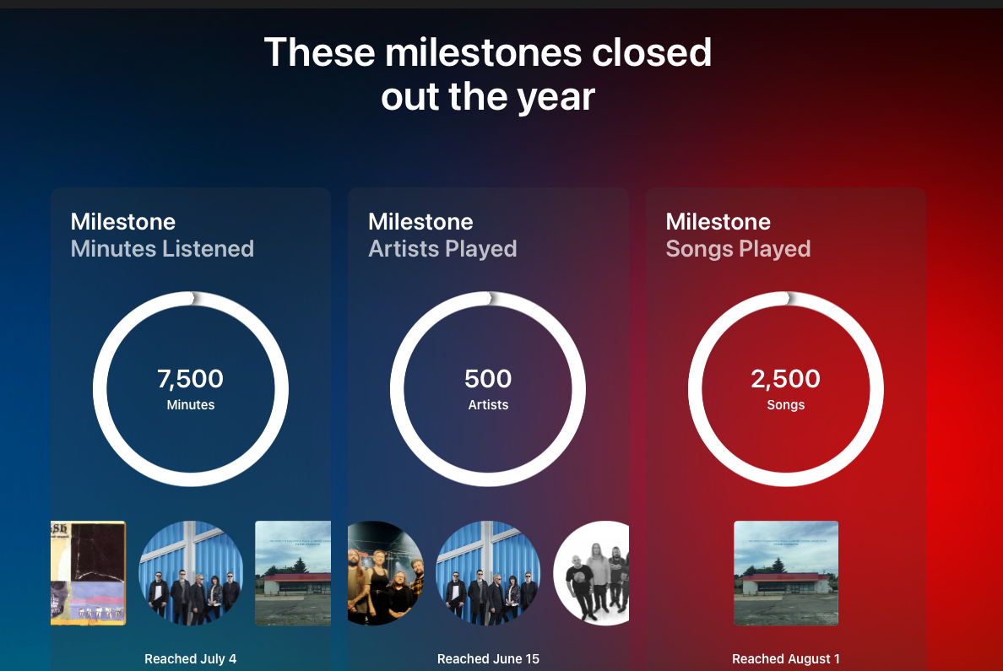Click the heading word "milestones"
pyautogui.click(x=483, y=51)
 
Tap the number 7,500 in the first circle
pyautogui.click(x=191, y=379)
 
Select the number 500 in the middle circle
pyautogui.click(x=488, y=379)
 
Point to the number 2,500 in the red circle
pyautogui.click(x=785, y=379)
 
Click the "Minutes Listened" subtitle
pyautogui.click(x=162, y=248)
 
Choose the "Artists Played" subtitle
pyautogui.click(x=442, y=249)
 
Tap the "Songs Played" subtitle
pyautogui.click(x=738, y=249)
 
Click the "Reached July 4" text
pyautogui.click(x=191, y=659)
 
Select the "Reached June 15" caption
pyautogui.click(x=488, y=659)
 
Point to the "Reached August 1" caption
pyautogui.click(x=785, y=659)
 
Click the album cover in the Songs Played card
pyautogui.click(x=785, y=573)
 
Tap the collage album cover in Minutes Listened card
pyautogui.click(x=89, y=573)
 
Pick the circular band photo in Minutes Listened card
pyautogui.click(x=191, y=573)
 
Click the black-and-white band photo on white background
pyautogui.click(x=593, y=573)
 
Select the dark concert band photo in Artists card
pyautogui.click(x=385, y=573)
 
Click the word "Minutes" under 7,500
pyautogui.click(x=191, y=405)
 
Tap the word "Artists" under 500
pyautogui.click(x=488, y=405)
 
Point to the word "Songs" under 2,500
pyautogui.click(x=785, y=405)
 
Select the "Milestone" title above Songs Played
pyautogui.click(x=718, y=221)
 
